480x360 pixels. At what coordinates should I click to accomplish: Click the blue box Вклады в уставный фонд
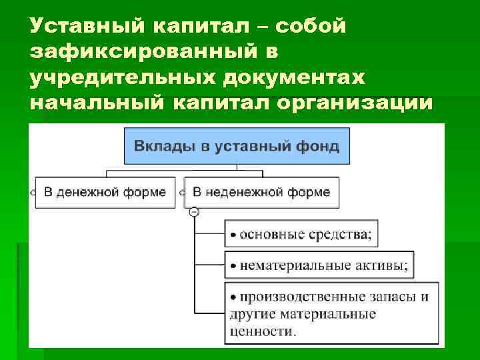tap(237, 145)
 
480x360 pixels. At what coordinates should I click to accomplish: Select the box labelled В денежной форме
tap(105, 193)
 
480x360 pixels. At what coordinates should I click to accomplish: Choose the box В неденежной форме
tap(261, 193)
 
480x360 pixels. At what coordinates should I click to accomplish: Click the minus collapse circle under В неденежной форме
tap(194, 212)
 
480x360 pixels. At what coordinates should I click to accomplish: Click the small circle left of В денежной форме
tap(32, 193)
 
